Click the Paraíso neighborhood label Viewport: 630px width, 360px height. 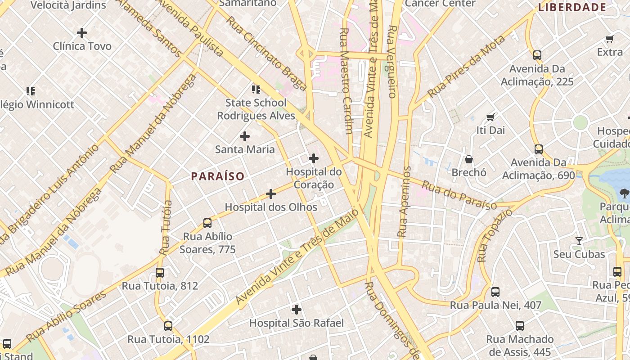coord(218,176)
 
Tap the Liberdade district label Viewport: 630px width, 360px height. coord(572,7)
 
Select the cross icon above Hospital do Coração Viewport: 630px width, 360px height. coord(314,158)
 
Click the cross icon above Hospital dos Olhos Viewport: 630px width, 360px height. coord(271,194)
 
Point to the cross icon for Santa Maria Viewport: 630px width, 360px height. coord(245,136)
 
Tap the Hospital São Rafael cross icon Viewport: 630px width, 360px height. coord(297,310)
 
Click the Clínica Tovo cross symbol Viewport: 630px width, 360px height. coord(82,33)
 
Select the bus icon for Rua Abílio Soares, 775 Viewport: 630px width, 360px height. coord(207,223)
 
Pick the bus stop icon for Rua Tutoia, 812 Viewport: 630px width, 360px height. coord(160,273)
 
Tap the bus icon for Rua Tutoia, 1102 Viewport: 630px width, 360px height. coord(168,326)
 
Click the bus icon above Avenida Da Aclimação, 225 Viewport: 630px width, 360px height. coord(537,55)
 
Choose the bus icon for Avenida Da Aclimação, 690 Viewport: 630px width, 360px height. coord(539,149)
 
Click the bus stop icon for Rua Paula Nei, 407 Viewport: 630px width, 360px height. coord(495,292)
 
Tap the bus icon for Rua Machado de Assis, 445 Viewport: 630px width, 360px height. coord(520,326)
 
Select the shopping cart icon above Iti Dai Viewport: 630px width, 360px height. coord(490,117)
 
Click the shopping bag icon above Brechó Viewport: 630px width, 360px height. coord(469,159)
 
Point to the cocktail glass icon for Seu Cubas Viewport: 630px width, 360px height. coord(579,241)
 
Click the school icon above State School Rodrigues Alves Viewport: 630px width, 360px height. coord(256,89)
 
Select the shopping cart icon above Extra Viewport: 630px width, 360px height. coord(610,39)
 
